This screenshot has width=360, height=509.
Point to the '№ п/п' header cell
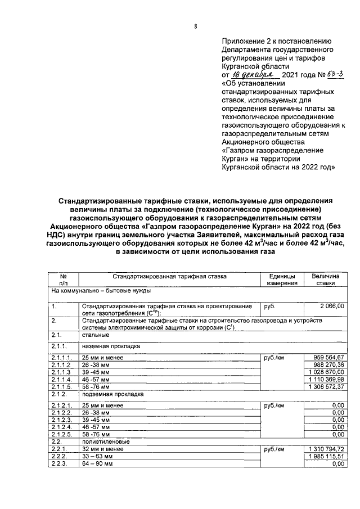(63, 280)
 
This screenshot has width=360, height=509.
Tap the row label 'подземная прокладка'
(108, 394)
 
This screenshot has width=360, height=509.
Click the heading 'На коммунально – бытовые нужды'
(100, 292)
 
